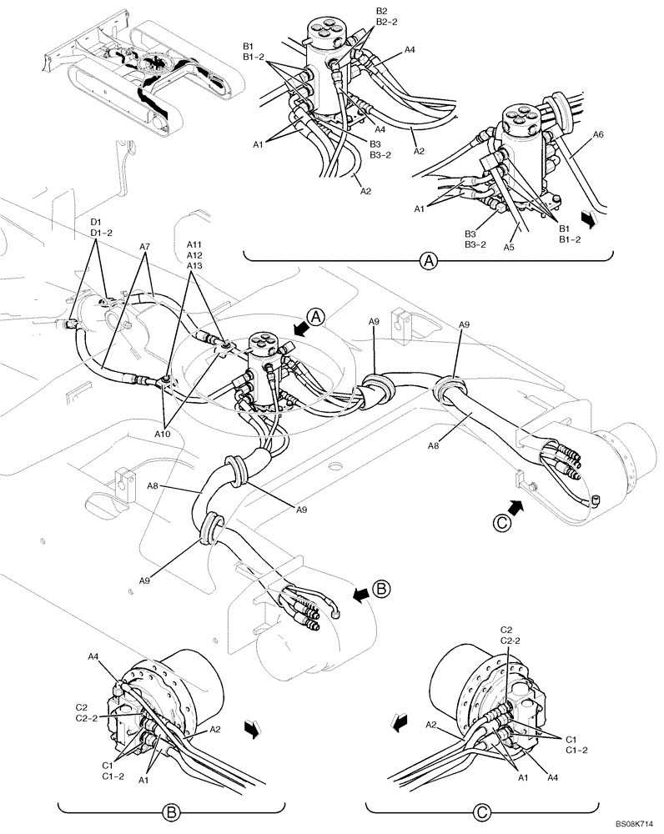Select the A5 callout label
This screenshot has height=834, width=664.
pyautogui.click(x=509, y=247)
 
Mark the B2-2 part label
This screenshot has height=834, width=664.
pyautogui.click(x=386, y=23)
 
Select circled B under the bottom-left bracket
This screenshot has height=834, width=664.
pyautogui.click(x=170, y=809)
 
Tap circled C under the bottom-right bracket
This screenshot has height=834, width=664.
pyautogui.click(x=481, y=809)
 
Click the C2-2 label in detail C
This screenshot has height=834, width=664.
pyautogui.click(x=510, y=640)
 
